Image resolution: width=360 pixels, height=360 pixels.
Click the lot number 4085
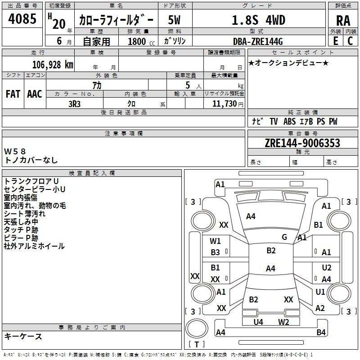point(22,18)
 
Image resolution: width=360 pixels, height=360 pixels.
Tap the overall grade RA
point(343,21)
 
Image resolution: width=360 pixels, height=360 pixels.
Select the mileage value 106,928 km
point(53,64)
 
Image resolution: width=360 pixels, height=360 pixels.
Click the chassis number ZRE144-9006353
point(302,143)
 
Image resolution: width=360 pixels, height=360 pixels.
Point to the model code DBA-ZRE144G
point(258,41)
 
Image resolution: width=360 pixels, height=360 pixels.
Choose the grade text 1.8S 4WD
point(258,20)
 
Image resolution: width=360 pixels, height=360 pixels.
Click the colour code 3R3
point(74,104)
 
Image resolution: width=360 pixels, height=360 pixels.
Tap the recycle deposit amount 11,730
point(224,103)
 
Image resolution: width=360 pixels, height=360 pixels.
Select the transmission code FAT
point(13,94)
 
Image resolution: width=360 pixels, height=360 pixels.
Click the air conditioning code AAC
point(35,94)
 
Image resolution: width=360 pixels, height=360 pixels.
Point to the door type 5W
point(174,20)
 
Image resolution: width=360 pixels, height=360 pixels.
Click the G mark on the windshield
point(284,237)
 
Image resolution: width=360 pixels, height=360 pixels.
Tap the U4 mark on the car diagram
point(258,322)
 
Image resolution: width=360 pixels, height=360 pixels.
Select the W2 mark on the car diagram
point(283,322)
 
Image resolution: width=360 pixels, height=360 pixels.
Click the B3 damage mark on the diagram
point(216,252)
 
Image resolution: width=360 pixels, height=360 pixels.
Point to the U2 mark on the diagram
point(327,267)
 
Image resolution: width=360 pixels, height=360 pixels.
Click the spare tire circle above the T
point(197,329)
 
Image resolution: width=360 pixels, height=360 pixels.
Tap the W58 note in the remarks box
point(15,151)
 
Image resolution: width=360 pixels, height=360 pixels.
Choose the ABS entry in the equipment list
point(289,121)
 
